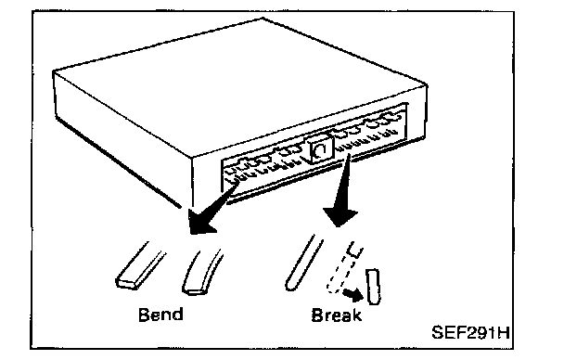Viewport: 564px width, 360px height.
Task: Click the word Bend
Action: click(x=160, y=315)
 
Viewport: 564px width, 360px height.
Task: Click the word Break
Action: click(x=337, y=315)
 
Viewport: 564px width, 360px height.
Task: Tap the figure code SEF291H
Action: click(x=470, y=332)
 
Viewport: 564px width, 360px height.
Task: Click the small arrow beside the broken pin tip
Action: click(x=352, y=294)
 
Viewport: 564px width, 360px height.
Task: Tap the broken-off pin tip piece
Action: click(x=373, y=287)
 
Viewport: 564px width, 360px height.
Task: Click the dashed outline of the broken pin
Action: click(x=344, y=267)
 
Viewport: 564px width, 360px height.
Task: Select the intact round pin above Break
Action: click(x=303, y=264)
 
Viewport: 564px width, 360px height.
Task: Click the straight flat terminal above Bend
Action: click(x=139, y=266)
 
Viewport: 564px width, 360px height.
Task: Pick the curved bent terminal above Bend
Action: click(x=201, y=272)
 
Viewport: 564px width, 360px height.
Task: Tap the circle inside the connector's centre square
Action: click(x=319, y=150)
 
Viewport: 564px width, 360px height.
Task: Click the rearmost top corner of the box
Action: click(x=263, y=19)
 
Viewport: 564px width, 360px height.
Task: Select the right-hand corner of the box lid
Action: click(x=427, y=85)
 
